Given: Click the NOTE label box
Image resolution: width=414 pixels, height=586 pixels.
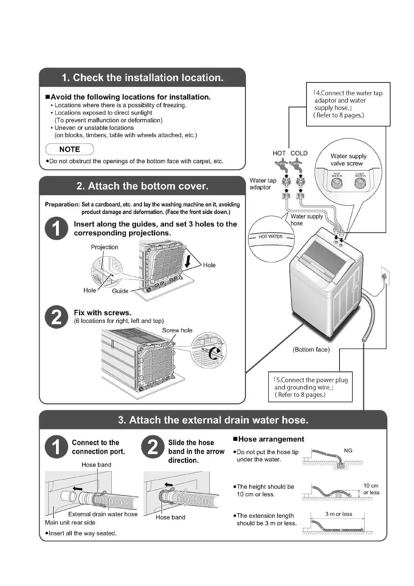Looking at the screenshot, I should (x=70, y=149).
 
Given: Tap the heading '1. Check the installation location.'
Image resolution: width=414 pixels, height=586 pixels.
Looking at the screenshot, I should (x=142, y=77).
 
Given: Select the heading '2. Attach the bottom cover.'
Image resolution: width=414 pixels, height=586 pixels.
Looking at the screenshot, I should (x=142, y=186).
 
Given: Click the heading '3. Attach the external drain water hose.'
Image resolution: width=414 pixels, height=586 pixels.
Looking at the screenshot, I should (x=213, y=420).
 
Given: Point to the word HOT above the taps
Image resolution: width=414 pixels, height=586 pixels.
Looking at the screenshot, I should (x=279, y=153).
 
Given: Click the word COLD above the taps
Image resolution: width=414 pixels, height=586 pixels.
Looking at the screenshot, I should (x=299, y=153).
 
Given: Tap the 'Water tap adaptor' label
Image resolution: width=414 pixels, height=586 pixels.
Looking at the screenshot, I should (x=263, y=184).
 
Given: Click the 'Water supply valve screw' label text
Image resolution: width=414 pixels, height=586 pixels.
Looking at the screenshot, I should (x=348, y=160).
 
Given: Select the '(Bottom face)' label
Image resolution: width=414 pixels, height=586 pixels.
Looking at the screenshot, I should (x=311, y=349).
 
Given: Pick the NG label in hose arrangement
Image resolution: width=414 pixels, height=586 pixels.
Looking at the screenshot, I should (x=348, y=451).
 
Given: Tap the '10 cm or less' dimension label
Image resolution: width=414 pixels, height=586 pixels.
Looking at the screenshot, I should (x=371, y=489).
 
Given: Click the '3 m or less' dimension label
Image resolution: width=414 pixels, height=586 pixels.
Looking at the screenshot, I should (x=339, y=514).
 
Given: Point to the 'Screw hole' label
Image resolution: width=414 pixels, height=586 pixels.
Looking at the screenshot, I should (x=177, y=330).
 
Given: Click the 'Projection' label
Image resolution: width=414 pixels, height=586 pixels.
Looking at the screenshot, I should (x=104, y=247).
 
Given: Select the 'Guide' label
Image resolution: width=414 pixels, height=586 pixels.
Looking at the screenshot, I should (x=120, y=291).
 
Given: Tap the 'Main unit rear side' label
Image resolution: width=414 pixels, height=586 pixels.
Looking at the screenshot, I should (x=70, y=522).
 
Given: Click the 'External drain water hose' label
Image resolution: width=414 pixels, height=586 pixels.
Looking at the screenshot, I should (x=103, y=514).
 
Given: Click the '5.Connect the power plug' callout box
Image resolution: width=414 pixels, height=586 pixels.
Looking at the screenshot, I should (x=310, y=387).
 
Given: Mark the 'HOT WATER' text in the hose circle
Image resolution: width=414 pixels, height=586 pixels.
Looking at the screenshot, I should (x=270, y=237).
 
